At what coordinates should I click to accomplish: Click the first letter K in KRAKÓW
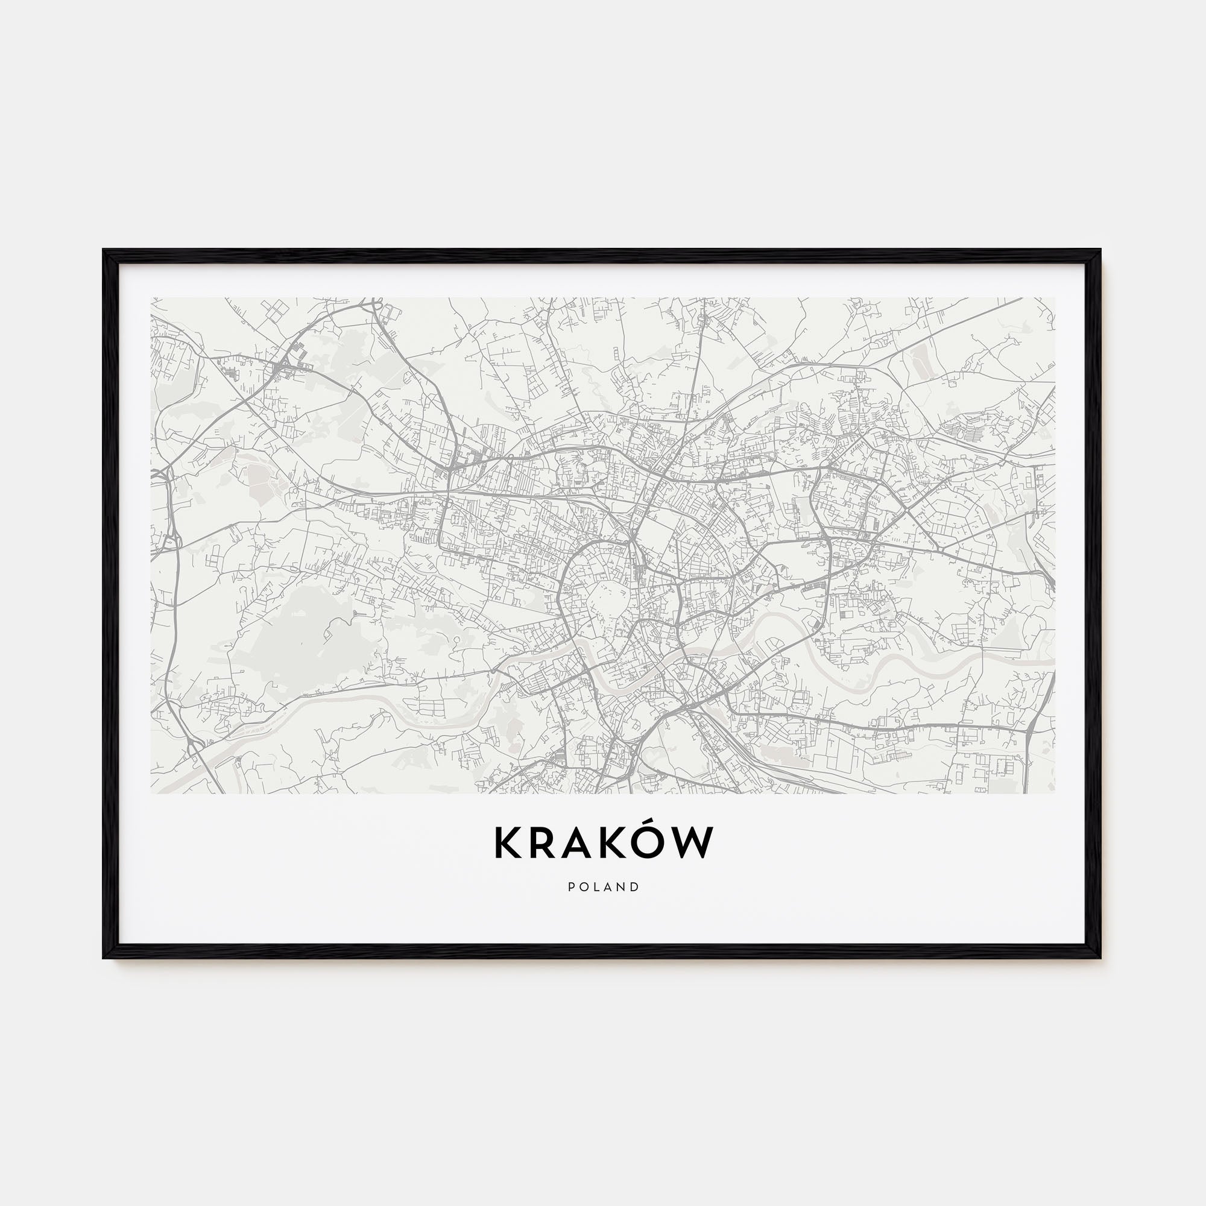coord(507,844)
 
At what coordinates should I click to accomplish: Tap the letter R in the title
coord(544,844)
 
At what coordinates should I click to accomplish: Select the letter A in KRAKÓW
coord(582,844)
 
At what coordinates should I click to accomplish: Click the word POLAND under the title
coord(604,887)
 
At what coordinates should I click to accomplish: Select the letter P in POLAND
coord(572,887)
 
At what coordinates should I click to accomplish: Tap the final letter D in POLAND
coord(636,887)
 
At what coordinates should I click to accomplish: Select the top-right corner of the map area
coord(1054,298)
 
